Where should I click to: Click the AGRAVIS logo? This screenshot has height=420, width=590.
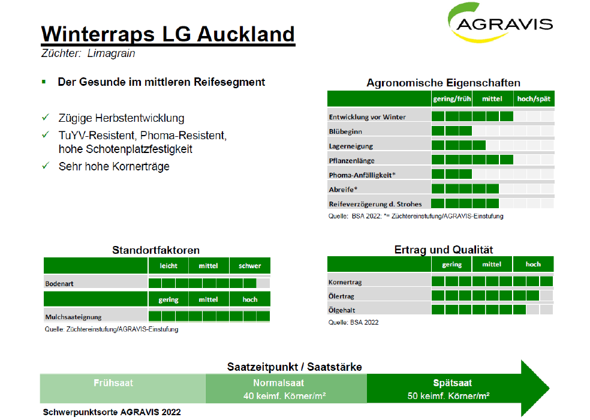tap(500, 23)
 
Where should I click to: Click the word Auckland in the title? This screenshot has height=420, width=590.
tap(246, 34)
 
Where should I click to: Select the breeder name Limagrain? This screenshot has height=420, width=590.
tap(111, 53)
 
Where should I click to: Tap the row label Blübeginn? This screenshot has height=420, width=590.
tap(345, 131)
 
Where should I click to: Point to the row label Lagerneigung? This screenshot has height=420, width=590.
tap(351, 146)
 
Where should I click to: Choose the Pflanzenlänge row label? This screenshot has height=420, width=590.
tap(351, 160)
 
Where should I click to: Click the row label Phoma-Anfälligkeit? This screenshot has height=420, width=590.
tap(362, 175)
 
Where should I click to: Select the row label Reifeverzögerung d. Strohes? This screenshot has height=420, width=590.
tap(375, 204)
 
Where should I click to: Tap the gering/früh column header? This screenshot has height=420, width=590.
tap(451, 99)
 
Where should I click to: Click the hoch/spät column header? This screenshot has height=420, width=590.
tap(534, 99)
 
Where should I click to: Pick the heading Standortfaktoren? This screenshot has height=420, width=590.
tap(156, 250)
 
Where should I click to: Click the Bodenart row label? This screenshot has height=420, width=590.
tap(59, 284)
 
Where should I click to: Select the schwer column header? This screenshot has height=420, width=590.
tap(249, 266)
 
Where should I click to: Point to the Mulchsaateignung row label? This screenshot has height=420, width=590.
tap(73, 317)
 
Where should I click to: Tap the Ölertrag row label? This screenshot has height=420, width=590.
tap(341, 296)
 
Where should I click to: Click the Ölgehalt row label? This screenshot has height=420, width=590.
tap(341, 310)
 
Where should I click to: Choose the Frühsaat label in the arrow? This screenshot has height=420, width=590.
tap(113, 383)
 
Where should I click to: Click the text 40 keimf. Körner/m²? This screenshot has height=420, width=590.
tap(284, 396)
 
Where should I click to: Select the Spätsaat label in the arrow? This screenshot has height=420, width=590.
tap(452, 383)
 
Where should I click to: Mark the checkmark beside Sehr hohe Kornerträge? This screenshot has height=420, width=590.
tap(46, 166)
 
